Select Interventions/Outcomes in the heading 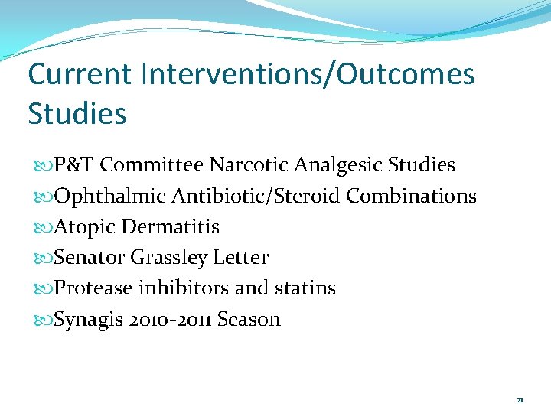pos(308,75)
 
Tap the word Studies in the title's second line pos(77,114)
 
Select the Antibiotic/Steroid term pos(256,197)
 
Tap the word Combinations pos(412,197)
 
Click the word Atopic pos(83,227)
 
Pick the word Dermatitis pos(170,227)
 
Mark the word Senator pos(89,258)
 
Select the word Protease pos(93,288)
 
